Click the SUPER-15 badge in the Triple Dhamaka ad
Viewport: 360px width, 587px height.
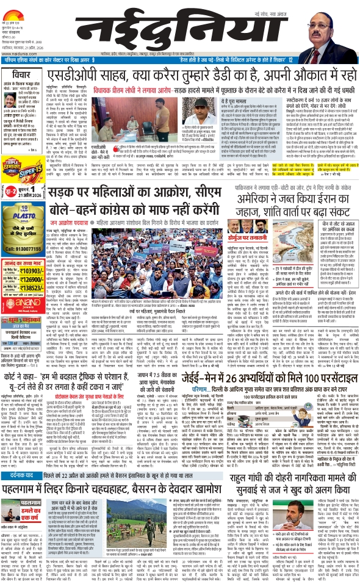tap(49, 179)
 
